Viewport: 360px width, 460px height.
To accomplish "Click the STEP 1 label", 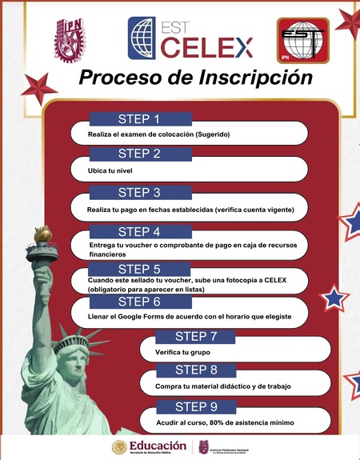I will click(x=139, y=119).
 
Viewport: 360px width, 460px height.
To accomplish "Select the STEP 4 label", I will click(x=139, y=232).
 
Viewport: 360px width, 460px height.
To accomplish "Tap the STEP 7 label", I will click(x=196, y=336).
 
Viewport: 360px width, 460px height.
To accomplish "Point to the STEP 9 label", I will click(x=196, y=406).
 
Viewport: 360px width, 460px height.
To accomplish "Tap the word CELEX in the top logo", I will click(x=207, y=46).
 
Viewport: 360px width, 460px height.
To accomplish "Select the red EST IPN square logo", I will click(x=302, y=40).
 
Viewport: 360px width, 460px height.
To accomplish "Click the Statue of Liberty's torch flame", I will click(x=42, y=232).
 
